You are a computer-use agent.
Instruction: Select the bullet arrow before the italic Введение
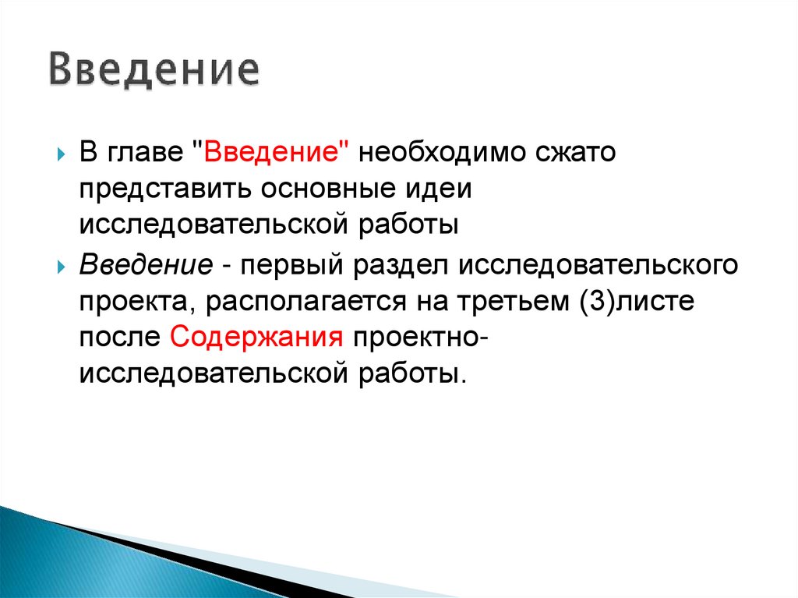coord(62,267)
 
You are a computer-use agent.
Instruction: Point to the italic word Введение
coord(146,265)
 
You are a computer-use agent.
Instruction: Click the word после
coord(119,338)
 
